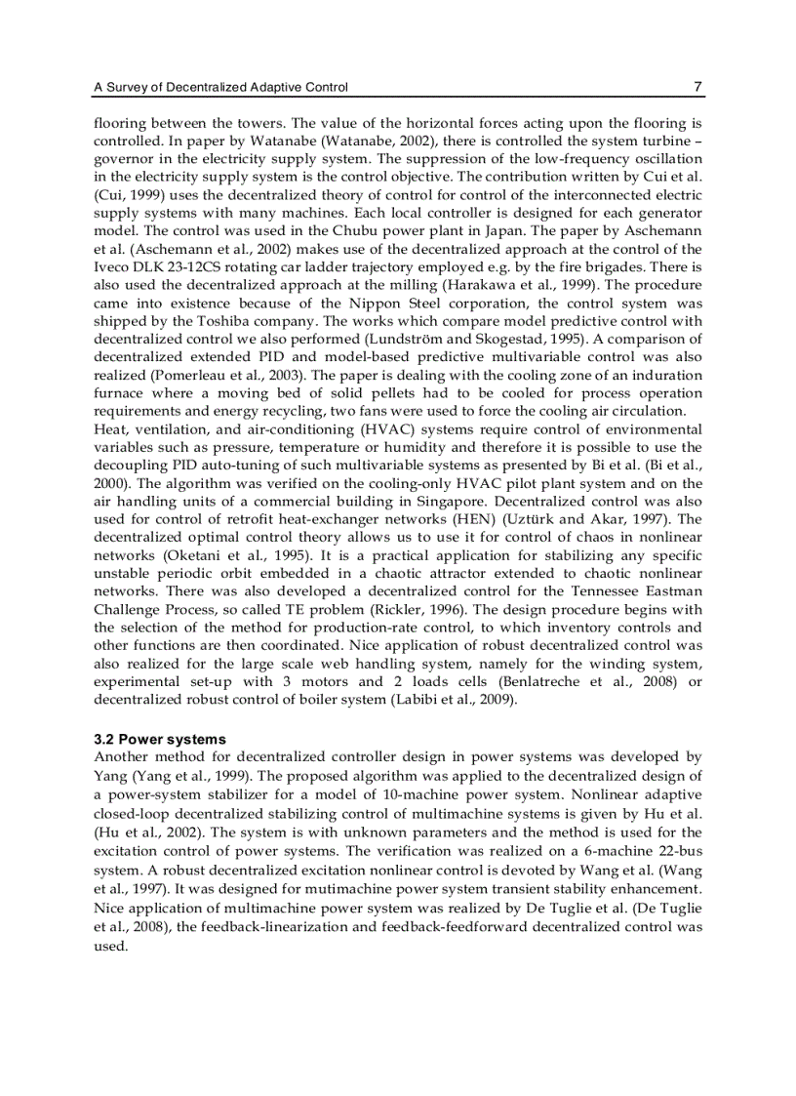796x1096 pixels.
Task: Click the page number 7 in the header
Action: [697, 87]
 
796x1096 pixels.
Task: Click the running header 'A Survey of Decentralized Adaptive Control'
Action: [220, 88]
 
